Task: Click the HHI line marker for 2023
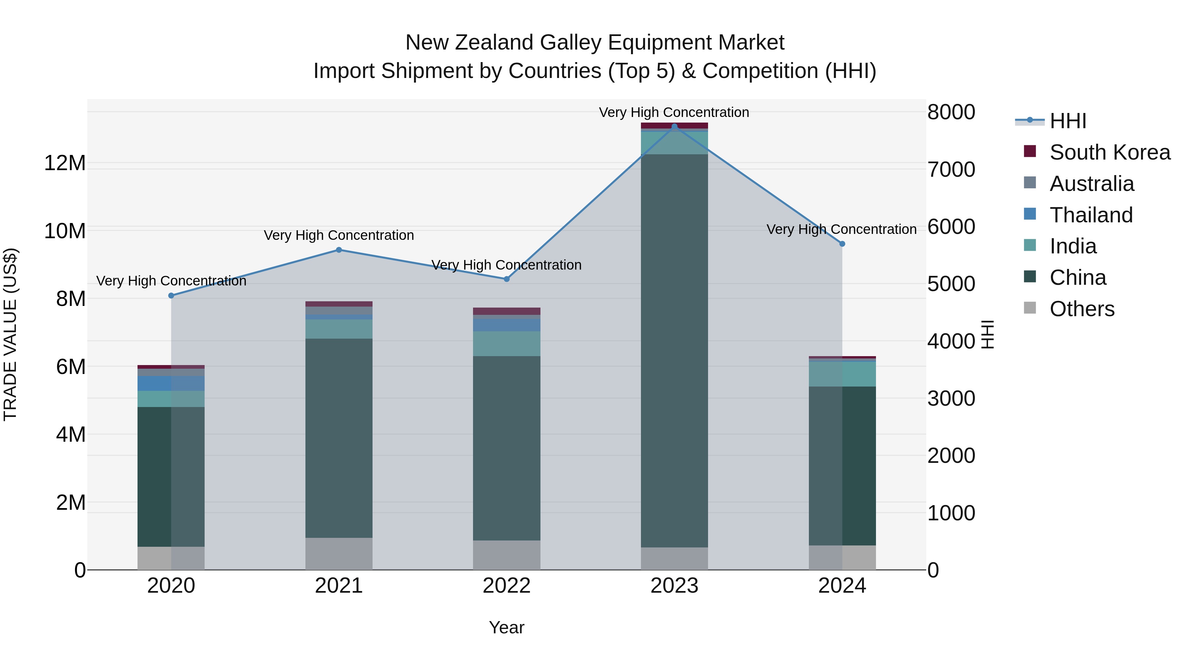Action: (x=674, y=126)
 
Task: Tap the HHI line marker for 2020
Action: (x=171, y=295)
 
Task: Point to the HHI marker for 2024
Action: (x=842, y=244)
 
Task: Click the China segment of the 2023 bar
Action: (x=674, y=351)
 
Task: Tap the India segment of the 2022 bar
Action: (x=506, y=344)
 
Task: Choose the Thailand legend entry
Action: (x=1091, y=215)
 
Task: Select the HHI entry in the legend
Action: (x=1068, y=121)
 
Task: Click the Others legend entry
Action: (x=1082, y=309)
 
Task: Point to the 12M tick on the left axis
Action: (x=65, y=163)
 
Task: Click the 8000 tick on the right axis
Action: (x=951, y=112)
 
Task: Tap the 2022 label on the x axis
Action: (x=506, y=586)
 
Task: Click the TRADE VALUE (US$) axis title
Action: (x=10, y=334)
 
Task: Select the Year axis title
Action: (x=506, y=627)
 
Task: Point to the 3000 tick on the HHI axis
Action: (x=951, y=398)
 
